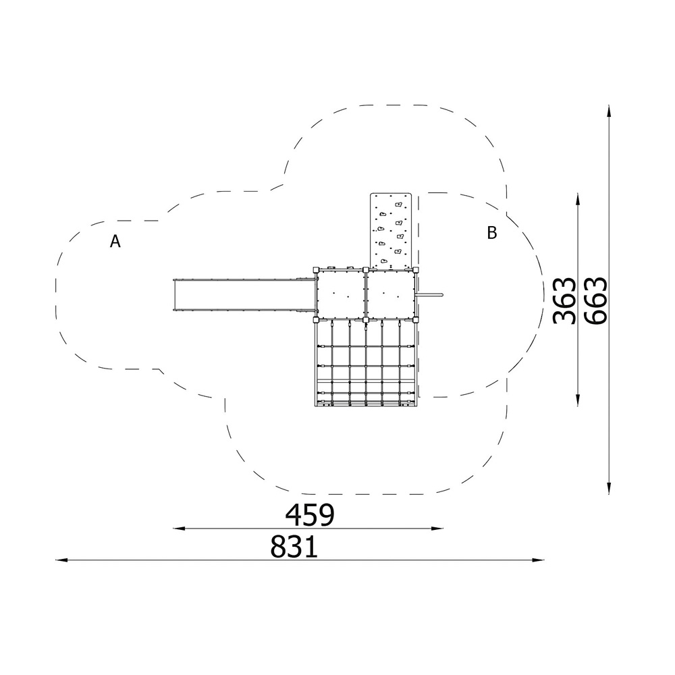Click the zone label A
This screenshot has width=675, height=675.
[x=115, y=242]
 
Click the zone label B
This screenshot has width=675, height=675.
[x=491, y=233]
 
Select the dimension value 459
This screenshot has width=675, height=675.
[x=310, y=514]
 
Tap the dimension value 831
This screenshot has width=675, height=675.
[x=294, y=546]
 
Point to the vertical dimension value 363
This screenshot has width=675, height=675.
[x=564, y=300]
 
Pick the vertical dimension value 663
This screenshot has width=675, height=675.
[x=596, y=300]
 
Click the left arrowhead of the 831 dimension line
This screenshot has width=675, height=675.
[x=61, y=560]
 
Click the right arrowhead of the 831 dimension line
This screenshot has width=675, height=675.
[x=538, y=560]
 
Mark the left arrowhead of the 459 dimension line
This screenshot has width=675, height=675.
[x=179, y=529]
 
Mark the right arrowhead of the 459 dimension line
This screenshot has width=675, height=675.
[x=437, y=529]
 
